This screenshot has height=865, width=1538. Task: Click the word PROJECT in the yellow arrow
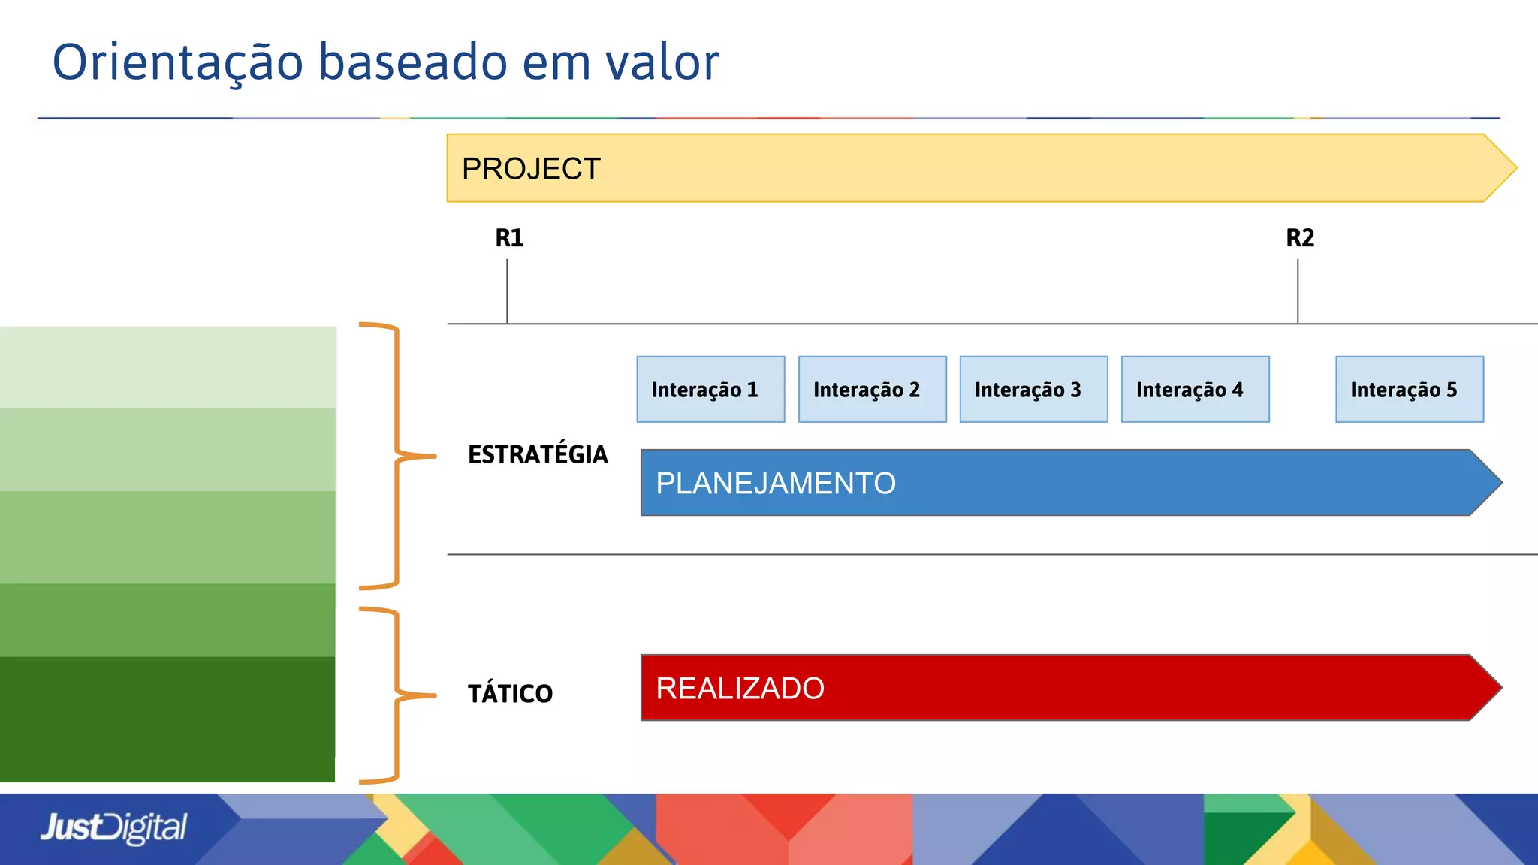[531, 169]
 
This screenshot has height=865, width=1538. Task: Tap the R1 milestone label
[509, 238]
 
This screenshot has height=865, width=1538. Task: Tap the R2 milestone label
[1300, 238]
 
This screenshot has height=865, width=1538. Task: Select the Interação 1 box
[710, 390]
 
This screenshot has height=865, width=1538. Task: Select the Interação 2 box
[872, 390]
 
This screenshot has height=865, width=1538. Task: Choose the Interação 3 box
[1033, 390]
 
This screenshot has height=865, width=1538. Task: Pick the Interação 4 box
[1195, 390]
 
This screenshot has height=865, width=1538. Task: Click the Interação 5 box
[1409, 390]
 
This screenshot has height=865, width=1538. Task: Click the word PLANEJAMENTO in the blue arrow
[776, 483]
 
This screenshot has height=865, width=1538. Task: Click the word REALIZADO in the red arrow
[740, 688]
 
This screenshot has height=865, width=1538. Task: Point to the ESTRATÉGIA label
[538, 454]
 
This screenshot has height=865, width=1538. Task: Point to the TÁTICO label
[510, 693]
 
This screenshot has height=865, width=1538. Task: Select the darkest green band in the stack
[167, 719]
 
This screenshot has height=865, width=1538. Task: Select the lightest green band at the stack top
[167, 367]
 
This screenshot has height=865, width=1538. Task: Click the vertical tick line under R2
[1298, 291]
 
